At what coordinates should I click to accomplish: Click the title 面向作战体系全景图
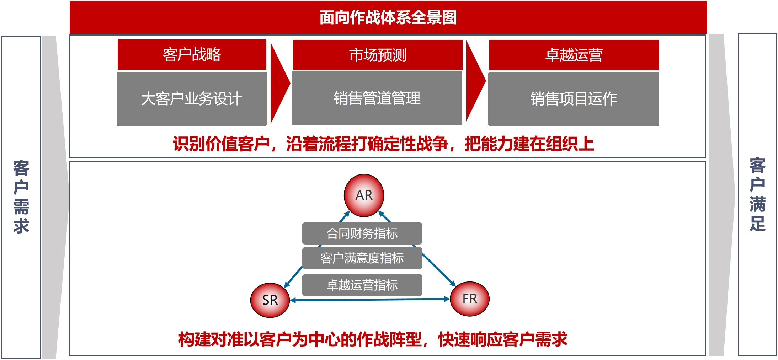[x=388, y=17]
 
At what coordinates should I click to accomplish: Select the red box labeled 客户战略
[x=192, y=54]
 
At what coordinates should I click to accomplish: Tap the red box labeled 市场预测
[x=378, y=55]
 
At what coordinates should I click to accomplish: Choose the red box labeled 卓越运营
[x=574, y=55]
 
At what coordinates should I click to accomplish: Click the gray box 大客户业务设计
[x=192, y=99]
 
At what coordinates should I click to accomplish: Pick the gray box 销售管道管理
[x=377, y=98]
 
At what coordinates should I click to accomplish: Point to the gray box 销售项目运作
[x=574, y=99]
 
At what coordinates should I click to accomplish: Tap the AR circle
[x=364, y=195]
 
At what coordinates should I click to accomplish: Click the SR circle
[x=270, y=300]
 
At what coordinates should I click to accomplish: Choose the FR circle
[x=470, y=299]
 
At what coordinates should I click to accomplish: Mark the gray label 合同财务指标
[x=362, y=233]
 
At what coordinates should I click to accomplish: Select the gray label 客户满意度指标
[x=362, y=258]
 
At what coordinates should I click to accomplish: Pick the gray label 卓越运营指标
[x=362, y=285]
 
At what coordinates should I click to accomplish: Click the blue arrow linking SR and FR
[x=370, y=300]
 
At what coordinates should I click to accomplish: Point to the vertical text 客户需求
[x=21, y=197]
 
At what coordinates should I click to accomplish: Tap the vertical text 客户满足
[x=757, y=194]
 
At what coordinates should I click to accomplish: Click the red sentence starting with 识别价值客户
[x=383, y=144]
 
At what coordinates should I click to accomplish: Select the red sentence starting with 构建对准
[x=373, y=339]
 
